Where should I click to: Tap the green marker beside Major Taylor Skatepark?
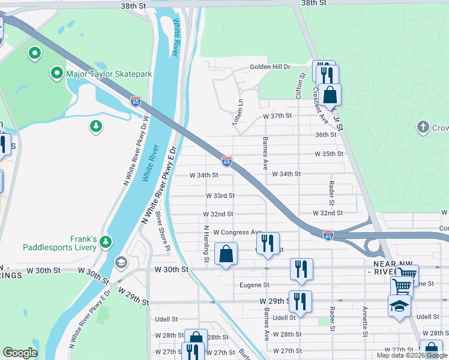tap(57, 74)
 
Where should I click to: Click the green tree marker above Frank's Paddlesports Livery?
tap(106, 241)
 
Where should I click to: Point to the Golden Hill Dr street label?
tap(270, 67)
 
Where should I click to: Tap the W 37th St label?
tap(277, 116)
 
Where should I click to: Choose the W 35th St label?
tap(329, 154)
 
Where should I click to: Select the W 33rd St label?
tap(220, 196)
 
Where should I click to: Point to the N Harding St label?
tap(206, 244)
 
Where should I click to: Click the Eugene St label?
tap(255, 285)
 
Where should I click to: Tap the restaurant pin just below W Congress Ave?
tap(268, 244)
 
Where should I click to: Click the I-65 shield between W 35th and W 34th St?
tap(227, 161)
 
